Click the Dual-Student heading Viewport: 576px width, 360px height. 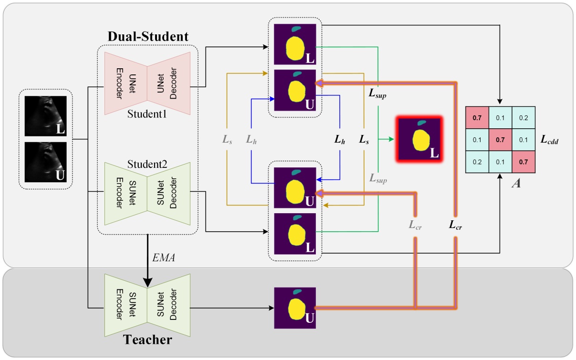147,36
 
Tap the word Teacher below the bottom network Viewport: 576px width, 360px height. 147,340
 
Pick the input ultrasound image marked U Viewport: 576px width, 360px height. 45,162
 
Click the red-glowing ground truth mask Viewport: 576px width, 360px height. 419,139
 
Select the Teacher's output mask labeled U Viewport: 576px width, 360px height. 295,308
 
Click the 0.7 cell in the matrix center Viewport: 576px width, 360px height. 500,140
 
